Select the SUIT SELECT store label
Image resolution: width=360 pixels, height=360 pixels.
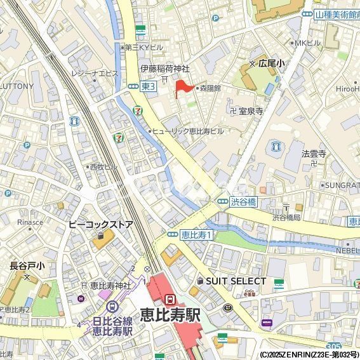tap(236, 281)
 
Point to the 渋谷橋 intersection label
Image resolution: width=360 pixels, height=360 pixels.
tap(243, 201)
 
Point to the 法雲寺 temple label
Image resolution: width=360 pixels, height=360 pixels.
tap(314, 153)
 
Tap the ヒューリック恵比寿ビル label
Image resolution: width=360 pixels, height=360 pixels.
tap(189, 131)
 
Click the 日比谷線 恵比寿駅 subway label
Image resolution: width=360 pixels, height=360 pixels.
tap(112, 326)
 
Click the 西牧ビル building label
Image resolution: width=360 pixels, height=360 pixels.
tap(105, 166)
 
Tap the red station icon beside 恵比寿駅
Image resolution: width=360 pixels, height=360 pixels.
tap(169, 298)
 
